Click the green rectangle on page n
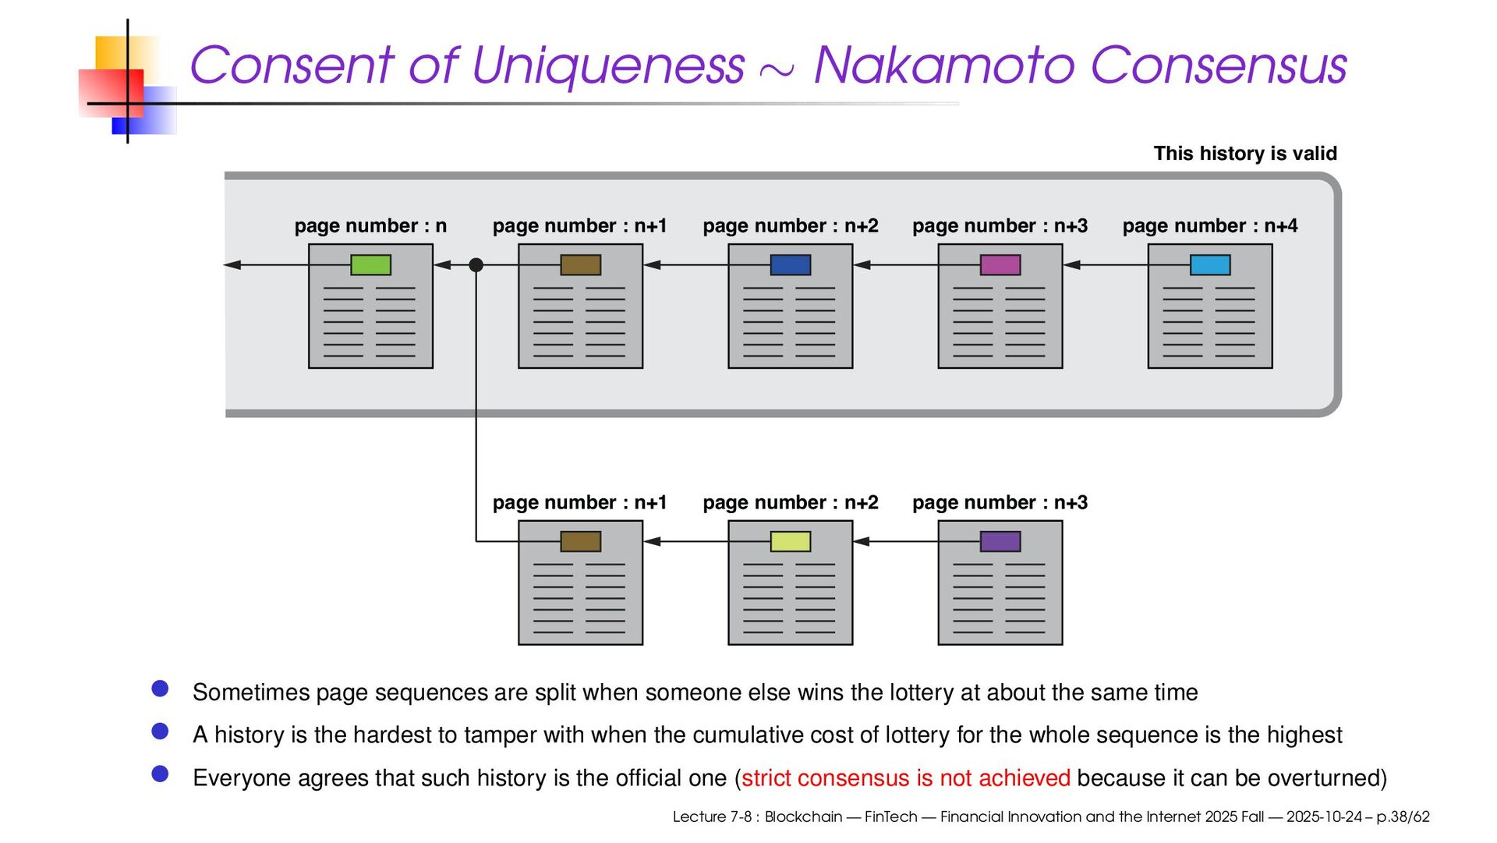point(370,265)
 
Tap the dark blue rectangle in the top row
point(790,265)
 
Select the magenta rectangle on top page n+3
point(1000,265)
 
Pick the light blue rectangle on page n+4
point(1209,265)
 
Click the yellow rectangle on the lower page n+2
point(790,541)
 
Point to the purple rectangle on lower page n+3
point(1000,541)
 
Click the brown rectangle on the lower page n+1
point(580,541)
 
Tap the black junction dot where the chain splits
point(476,265)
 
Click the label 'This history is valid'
point(1244,154)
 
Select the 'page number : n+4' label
point(1209,226)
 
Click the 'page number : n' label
point(370,226)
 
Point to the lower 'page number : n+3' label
point(1000,503)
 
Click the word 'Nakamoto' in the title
point(943,65)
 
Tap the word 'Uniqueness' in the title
point(607,65)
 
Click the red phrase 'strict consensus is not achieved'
point(905,778)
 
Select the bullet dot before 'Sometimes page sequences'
point(161,689)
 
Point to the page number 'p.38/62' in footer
point(1403,817)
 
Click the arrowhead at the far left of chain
point(232,265)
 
